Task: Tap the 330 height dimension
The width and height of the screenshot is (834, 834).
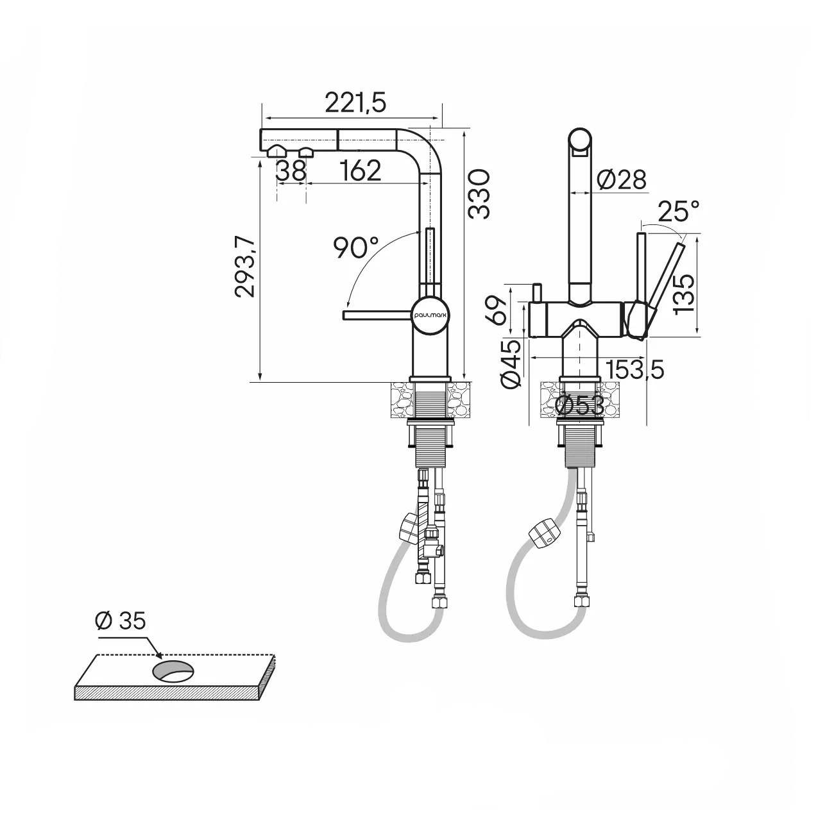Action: (479, 194)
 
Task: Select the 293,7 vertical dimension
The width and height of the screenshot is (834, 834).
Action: (244, 266)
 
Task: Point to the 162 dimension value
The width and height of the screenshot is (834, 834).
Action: (360, 171)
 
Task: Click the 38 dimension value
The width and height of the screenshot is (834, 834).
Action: (291, 171)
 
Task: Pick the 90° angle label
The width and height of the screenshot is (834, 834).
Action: (355, 247)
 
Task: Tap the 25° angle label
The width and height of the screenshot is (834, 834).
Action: (679, 212)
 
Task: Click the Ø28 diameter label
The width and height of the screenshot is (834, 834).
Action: (621, 179)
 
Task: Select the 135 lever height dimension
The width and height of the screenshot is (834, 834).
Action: (684, 293)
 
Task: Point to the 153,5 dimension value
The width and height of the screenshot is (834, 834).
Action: (634, 369)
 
